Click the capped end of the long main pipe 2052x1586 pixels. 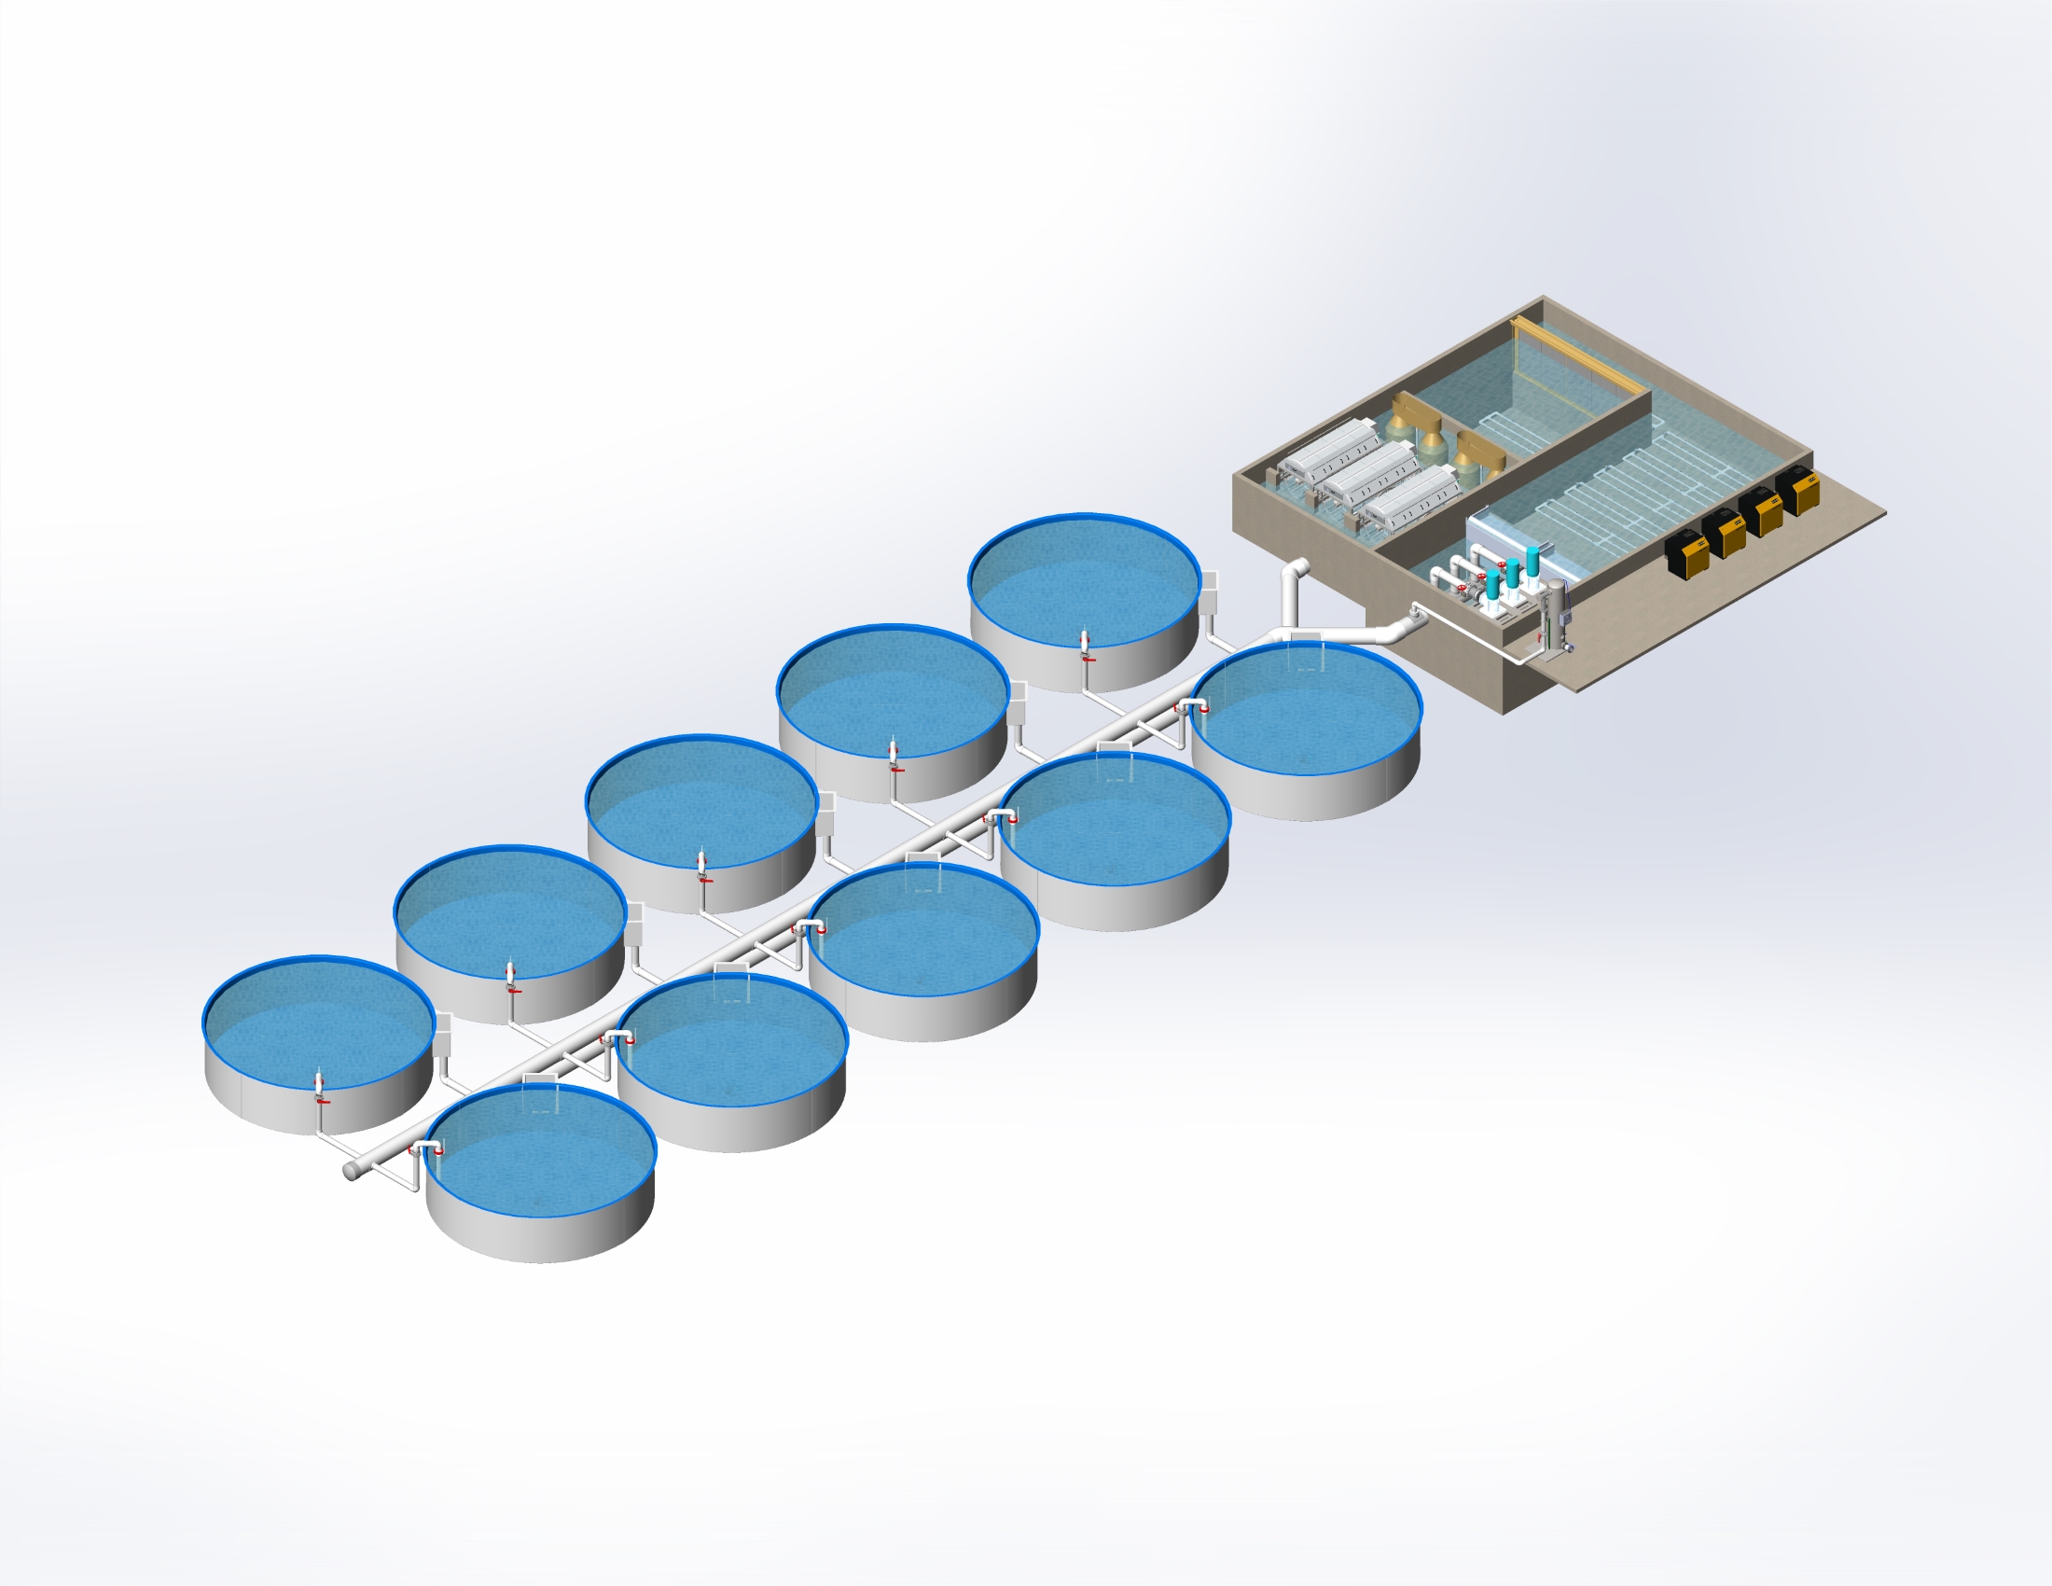click(x=351, y=1172)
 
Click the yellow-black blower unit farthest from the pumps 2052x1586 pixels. click(x=1798, y=490)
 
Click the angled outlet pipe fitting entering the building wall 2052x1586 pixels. click(x=1405, y=627)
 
